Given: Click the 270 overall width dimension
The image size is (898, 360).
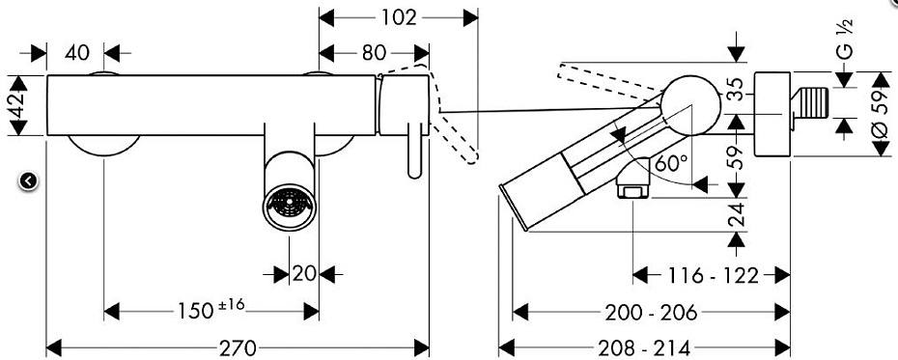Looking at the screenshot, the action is [238, 347].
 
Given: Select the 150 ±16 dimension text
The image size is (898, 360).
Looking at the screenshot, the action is [211, 310].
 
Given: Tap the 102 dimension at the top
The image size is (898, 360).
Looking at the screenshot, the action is [399, 17].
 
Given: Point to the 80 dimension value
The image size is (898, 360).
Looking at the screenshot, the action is [374, 53].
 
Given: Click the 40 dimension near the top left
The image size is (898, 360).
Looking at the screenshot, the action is [76, 53].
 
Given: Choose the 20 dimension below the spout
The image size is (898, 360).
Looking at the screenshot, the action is [303, 274].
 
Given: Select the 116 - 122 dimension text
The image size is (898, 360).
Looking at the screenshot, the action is [713, 276].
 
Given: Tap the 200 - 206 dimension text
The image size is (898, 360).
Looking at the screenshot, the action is [651, 313].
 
